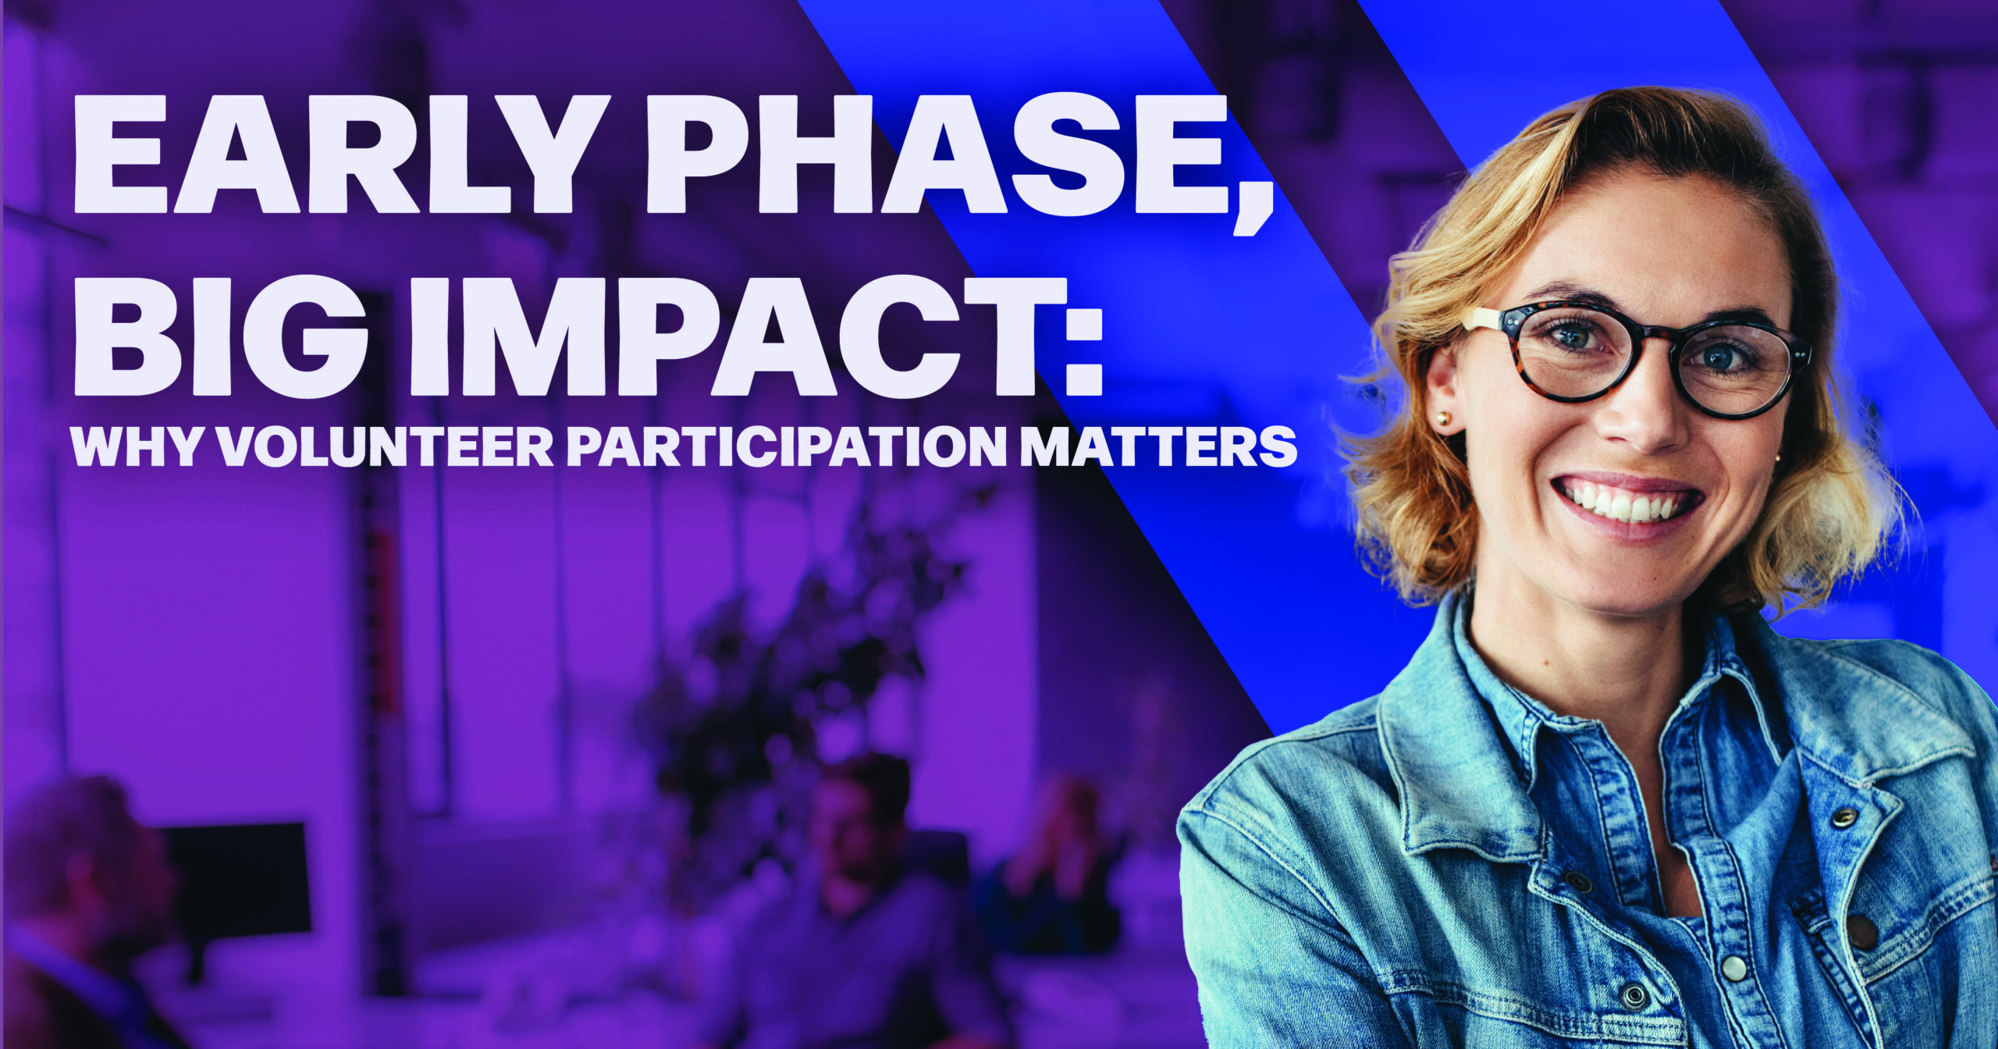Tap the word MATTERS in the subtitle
click(1158, 446)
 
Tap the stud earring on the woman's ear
click(1443, 420)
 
